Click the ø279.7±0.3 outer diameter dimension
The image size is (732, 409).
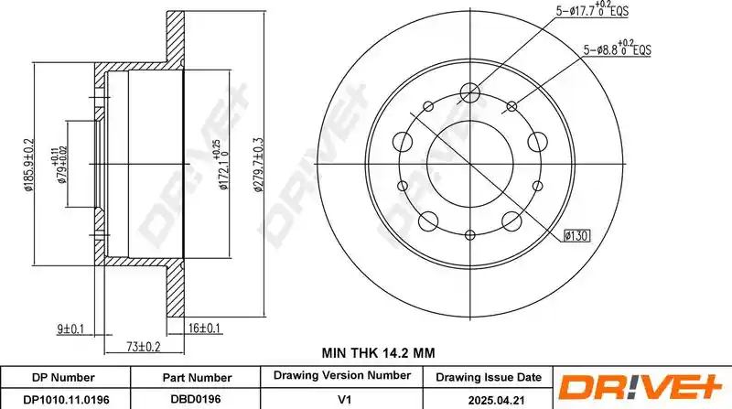(258, 165)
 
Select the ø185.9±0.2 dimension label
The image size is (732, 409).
(29, 165)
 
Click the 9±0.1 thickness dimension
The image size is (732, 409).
(70, 329)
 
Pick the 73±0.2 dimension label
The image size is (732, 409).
(144, 347)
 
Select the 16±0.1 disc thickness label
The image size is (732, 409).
(204, 328)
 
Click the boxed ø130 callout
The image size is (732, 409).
(576, 236)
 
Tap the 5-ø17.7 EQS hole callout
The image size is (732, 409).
(592, 9)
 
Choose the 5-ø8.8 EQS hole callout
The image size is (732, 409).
(617, 48)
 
